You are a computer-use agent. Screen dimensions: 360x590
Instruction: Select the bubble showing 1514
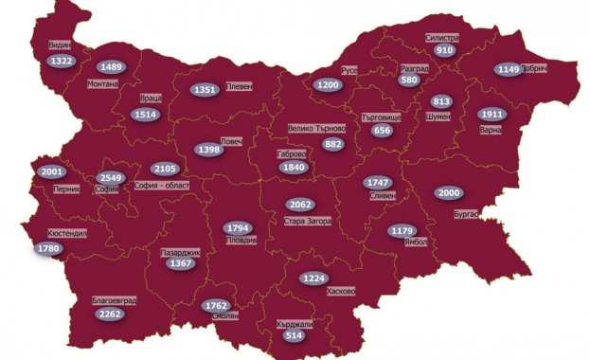147,115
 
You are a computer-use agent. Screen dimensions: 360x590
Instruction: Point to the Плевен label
239,85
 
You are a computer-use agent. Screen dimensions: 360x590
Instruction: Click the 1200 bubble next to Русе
329,84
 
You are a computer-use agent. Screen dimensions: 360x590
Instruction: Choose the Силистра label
441,38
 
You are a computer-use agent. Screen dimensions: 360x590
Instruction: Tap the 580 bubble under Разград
409,81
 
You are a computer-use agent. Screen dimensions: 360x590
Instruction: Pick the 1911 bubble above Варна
492,114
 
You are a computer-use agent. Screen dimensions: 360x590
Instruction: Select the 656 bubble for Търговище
382,131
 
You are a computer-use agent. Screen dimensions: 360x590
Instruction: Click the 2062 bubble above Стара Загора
300,205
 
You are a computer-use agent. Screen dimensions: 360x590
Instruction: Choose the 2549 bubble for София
111,177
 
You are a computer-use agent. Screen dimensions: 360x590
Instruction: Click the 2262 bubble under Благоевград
110,315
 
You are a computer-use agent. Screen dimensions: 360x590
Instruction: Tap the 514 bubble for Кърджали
295,335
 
